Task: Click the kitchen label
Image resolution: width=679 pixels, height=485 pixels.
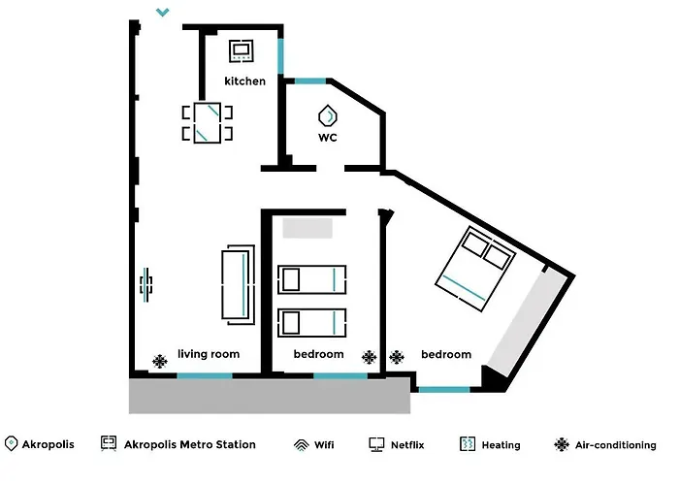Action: pyautogui.click(x=244, y=81)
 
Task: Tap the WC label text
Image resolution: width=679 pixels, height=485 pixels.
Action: pyautogui.click(x=328, y=138)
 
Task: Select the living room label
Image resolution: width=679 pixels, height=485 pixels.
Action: pyautogui.click(x=209, y=354)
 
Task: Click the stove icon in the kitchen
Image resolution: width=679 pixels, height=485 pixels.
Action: pyautogui.click(x=242, y=50)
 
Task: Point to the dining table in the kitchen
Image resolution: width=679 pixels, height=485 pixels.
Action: pyautogui.click(x=208, y=123)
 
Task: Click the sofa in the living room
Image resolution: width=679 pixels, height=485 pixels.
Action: pyautogui.click(x=239, y=284)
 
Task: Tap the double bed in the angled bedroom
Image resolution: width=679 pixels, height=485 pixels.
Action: pyautogui.click(x=475, y=269)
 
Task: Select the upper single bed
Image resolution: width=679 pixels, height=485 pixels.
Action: pyautogui.click(x=311, y=279)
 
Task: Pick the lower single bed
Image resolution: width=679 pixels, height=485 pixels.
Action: pyautogui.click(x=311, y=323)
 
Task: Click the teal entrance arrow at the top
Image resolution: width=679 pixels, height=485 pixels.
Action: pyautogui.click(x=162, y=12)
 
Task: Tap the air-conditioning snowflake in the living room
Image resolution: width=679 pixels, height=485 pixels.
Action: pyautogui.click(x=160, y=361)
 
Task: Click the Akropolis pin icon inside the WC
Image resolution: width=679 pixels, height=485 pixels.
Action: pyautogui.click(x=328, y=116)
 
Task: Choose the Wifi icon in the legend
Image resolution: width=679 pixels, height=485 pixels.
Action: pyautogui.click(x=302, y=445)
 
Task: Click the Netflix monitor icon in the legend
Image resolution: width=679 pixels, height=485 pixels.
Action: pyautogui.click(x=376, y=444)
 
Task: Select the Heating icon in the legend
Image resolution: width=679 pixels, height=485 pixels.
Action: pyautogui.click(x=468, y=444)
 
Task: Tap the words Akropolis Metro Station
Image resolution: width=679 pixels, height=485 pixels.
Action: pyautogui.click(x=190, y=444)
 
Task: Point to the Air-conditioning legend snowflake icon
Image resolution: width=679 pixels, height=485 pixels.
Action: pyautogui.click(x=562, y=444)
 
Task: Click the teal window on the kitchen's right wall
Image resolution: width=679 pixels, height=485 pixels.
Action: pyautogui.click(x=280, y=56)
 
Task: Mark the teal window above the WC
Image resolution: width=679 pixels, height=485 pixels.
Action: pyautogui.click(x=310, y=81)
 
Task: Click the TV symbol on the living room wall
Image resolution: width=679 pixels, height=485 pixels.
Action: pyautogui.click(x=145, y=284)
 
